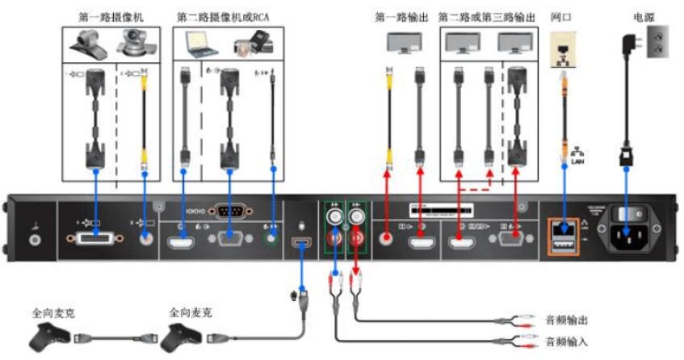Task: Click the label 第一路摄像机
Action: click(x=110, y=16)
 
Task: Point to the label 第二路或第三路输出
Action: click(x=486, y=16)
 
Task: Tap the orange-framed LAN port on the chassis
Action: click(x=562, y=236)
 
